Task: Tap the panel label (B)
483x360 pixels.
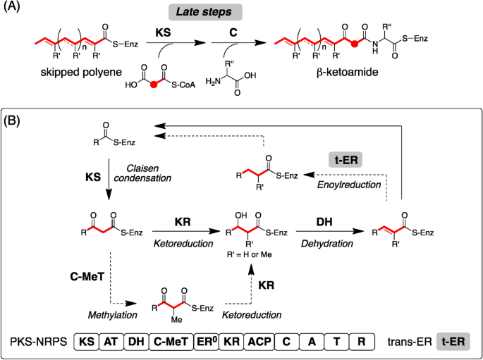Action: coord(15,120)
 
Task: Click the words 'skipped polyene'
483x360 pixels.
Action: coord(66,73)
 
